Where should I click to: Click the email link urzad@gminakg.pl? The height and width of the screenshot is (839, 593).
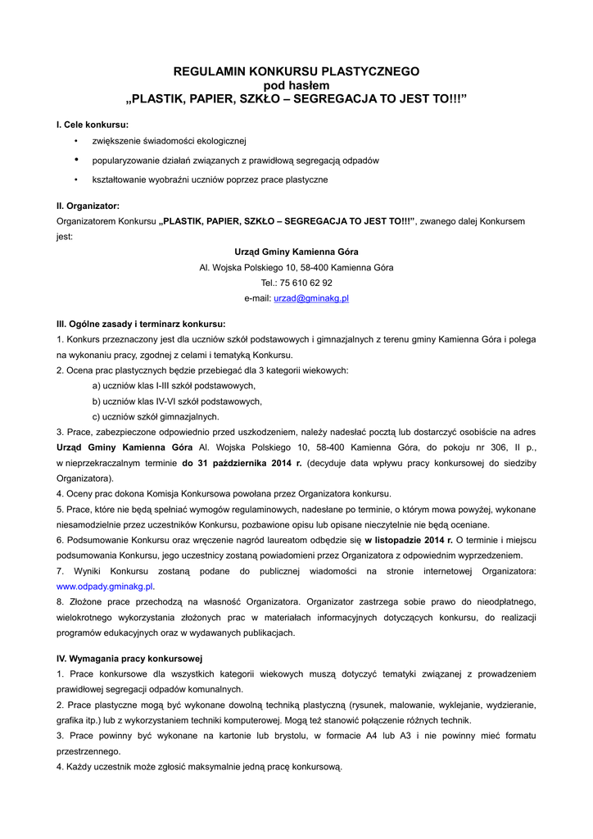pyautogui.click(x=310, y=298)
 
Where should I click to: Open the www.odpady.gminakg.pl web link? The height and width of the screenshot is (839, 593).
pyautogui.click(x=105, y=587)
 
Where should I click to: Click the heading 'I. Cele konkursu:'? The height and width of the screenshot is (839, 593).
pyautogui.click(x=93, y=125)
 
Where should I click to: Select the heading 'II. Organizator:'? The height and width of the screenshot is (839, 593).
pyautogui.click(x=88, y=206)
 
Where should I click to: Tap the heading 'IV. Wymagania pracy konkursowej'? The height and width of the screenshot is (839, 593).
pyautogui.click(x=129, y=658)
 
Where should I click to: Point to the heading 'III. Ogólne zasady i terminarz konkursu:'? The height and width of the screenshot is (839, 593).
pyautogui.click(x=141, y=324)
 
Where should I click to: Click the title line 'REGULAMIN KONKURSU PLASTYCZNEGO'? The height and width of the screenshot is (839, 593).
pyautogui.click(x=296, y=71)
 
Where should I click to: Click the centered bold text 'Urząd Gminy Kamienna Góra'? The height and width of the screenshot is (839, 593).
pyautogui.click(x=296, y=252)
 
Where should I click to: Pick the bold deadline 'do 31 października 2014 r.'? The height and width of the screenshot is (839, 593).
pyautogui.click(x=242, y=463)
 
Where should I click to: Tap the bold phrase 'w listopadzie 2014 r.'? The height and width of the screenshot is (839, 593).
pyautogui.click(x=409, y=540)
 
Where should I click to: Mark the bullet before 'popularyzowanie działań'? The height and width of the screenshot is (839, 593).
pyautogui.click(x=76, y=160)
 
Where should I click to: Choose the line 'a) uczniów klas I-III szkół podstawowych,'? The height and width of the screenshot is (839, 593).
pyautogui.click(x=174, y=386)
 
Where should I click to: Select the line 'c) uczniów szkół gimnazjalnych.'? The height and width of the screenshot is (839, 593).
pyautogui.click(x=156, y=416)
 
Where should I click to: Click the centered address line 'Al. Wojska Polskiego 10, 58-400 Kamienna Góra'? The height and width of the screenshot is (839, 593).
pyautogui.click(x=296, y=267)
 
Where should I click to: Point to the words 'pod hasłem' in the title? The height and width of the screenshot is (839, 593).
pyautogui.click(x=296, y=85)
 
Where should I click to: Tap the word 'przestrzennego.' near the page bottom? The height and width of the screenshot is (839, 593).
pyautogui.click(x=88, y=751)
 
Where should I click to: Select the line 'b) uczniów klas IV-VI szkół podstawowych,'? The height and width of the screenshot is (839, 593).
pyautogui.click(x=177, y=401)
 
